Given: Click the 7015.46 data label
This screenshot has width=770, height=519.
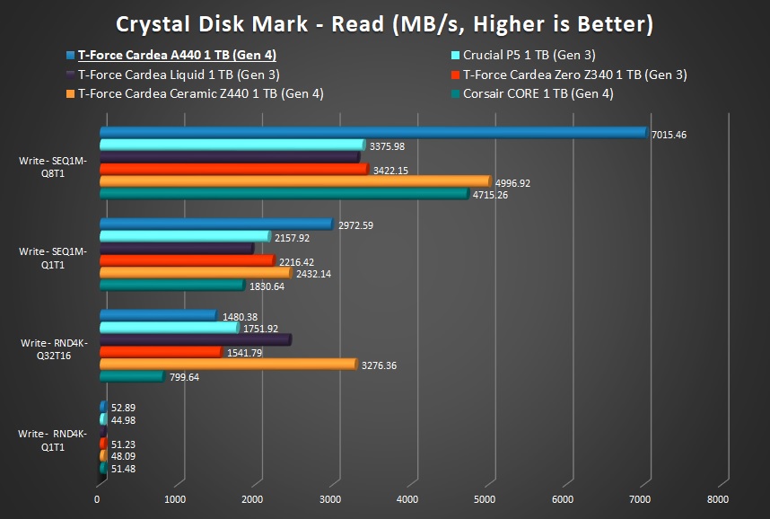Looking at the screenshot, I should [x=669, y=135].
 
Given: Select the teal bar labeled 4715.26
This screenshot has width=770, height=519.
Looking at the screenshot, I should [x=283, y=194].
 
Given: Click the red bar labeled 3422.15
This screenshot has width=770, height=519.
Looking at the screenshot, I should [x=232, y=169].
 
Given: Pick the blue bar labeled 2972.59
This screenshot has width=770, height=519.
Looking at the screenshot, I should [x=215, y=224].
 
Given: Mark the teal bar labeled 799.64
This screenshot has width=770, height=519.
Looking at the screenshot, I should [x=131, y=377].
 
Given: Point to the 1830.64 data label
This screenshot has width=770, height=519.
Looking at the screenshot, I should [x=267, y=286].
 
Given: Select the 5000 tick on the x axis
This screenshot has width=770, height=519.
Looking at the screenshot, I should [x=485, y=499].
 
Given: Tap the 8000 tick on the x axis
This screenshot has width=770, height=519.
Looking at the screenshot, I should [x=716, y=499].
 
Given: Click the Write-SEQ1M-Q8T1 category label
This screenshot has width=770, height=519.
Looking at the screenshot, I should [x=53, y=167].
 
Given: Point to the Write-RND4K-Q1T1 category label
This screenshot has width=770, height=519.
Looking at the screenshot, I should [x=53, y=440].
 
